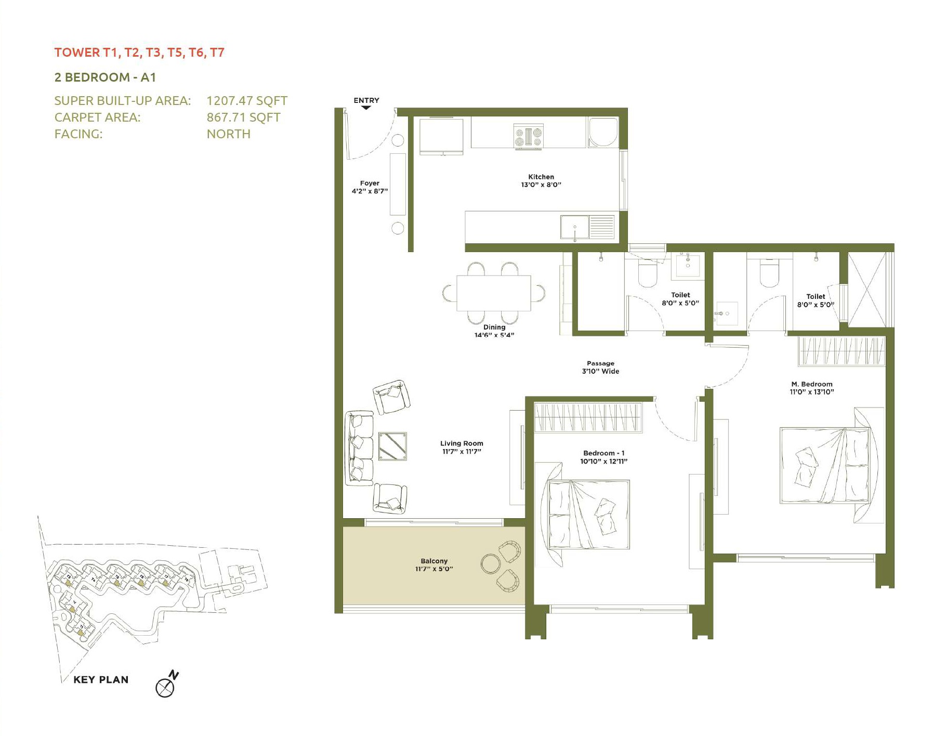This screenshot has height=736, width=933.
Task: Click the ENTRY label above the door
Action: [366, 100]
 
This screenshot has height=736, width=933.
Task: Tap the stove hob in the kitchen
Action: [528, 137]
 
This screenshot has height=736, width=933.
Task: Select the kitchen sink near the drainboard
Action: [574, 228]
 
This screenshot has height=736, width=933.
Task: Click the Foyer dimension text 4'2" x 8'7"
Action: [370, 191]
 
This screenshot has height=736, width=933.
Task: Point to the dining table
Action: [493, 293]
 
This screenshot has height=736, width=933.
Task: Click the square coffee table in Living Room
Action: [392, 446]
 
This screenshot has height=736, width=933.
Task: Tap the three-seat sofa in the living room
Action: [359, 448]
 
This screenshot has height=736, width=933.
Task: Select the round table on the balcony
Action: [490, 563]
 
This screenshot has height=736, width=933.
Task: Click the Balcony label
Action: [434, 561]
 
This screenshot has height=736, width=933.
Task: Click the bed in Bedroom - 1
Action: [588, 515]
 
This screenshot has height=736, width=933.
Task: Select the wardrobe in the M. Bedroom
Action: [841, 351]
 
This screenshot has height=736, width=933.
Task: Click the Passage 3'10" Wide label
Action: [600, 367]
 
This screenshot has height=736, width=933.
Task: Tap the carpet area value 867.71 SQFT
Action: [243, 117]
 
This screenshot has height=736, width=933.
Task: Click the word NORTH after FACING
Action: [229, 134]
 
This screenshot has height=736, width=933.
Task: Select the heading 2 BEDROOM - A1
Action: [105, 77]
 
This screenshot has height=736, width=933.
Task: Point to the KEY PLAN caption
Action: [101, 680]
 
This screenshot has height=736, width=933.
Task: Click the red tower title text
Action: [139, 52]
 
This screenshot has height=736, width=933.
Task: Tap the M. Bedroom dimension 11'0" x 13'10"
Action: [811, 392]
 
